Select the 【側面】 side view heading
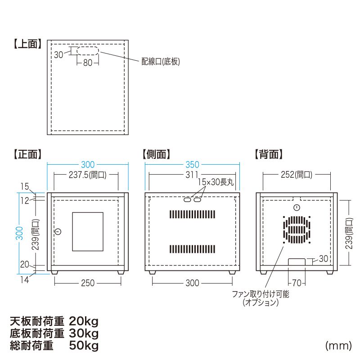(x=156, y=154)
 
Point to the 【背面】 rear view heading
(x=268, y=154)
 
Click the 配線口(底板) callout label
(x=161, y=62)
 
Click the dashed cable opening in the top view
(x=88, y=50)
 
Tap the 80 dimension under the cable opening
(x=87, y=63)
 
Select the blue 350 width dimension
(x=192, y=165)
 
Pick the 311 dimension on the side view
(x=192, y=175)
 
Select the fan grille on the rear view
(x=297, y=229)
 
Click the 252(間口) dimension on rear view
(x=296, y=175)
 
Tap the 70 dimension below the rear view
(x=296, y=283)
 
